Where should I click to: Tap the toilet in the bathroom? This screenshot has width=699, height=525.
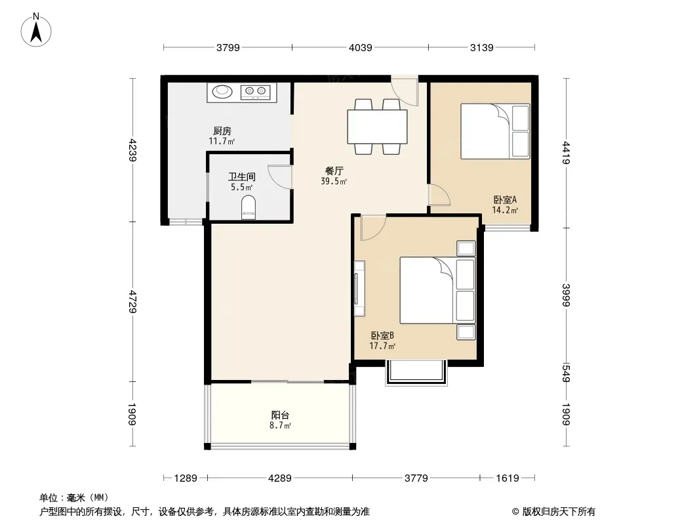point(249,208)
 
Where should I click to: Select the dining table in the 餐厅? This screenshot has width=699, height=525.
point(377,126)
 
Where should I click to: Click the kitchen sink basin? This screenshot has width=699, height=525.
point(222,92)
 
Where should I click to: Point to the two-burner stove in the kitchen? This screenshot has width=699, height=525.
point(256,92)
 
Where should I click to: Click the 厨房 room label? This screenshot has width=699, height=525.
point(222,131)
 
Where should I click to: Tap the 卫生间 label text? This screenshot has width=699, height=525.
point(241,177)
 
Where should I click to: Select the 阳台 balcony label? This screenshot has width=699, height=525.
point(281,415)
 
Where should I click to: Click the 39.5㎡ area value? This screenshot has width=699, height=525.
point(334,182)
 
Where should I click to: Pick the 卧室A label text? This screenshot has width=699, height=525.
point(505,200)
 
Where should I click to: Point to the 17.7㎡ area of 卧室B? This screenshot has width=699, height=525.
point(382,346)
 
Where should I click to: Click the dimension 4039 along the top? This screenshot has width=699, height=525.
point(360,47)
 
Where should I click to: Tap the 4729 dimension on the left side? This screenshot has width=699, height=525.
point(132,301)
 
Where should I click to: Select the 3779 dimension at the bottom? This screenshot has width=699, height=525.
point(416,478)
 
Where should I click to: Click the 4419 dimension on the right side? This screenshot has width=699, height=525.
point(566,152)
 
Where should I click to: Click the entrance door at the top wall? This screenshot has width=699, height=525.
point(405,90)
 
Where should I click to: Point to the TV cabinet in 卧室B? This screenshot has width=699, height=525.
point(359,288)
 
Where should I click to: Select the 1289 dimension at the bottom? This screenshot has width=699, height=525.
point(186,478)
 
